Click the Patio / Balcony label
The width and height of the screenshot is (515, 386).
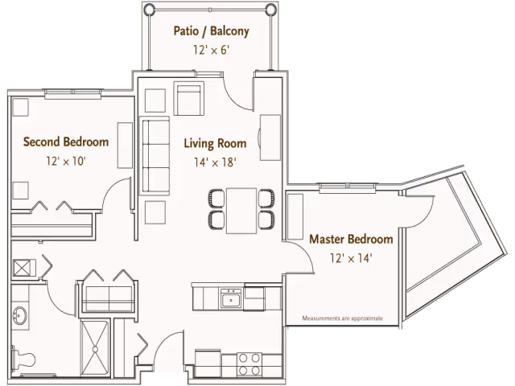(211, 31)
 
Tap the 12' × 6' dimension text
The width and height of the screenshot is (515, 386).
(211, 50)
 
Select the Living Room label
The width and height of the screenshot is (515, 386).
(215, 143)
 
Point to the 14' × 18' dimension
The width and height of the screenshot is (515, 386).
(215, 162)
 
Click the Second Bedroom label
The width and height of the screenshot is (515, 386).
(66, 142)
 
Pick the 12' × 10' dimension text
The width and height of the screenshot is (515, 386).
(66, 161)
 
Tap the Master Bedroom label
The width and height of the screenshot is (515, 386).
(351, 239)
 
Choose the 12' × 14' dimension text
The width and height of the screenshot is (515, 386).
(351, 258)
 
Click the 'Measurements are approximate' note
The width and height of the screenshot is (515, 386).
(343, 318)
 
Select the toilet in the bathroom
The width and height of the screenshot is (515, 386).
(23, 359)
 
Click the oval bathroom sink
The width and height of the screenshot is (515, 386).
(19, 316)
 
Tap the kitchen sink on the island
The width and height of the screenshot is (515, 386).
(231, 298)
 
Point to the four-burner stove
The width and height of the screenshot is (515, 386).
(249, 364)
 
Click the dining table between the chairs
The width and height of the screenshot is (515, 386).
(241, 211)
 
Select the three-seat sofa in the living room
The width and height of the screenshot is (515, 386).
(154, 155)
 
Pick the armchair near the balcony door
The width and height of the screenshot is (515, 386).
(189, 98)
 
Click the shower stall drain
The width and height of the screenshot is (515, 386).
(95, 350)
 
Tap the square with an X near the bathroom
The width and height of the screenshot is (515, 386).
(22, 268)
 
